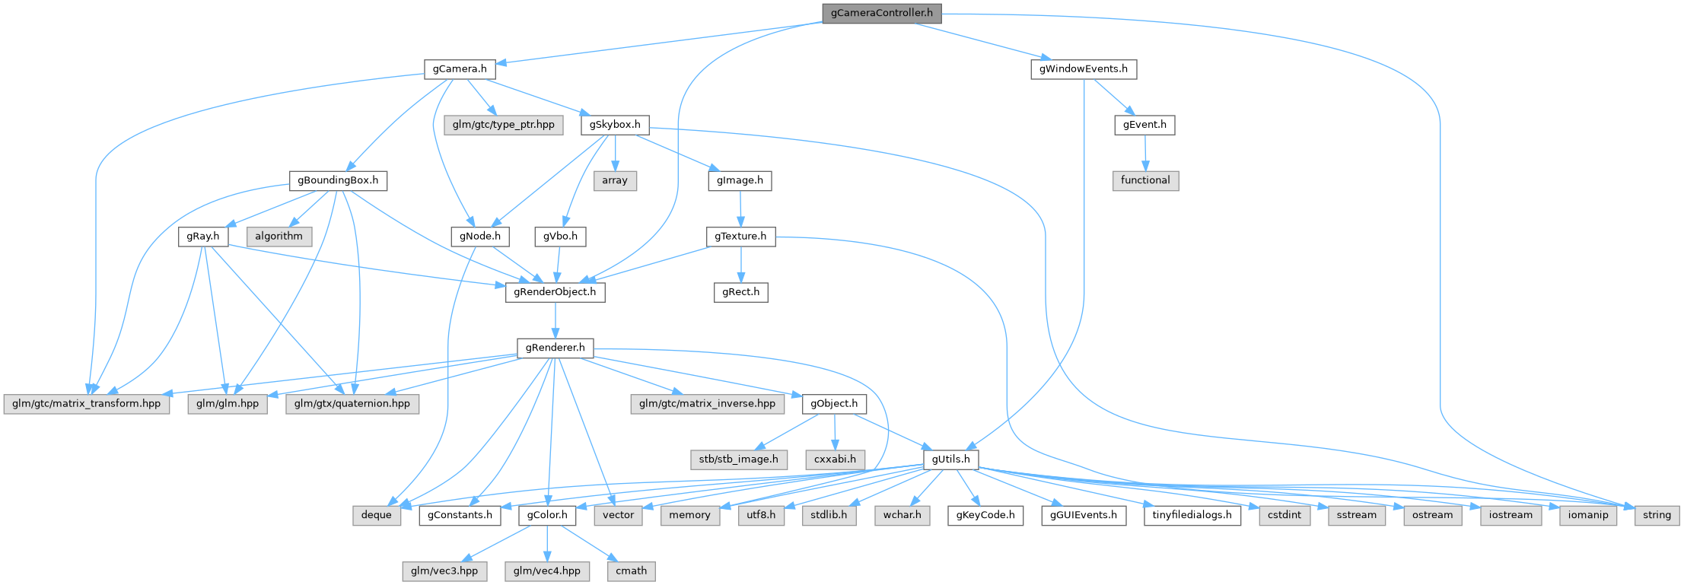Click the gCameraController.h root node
click(x=881, y=14)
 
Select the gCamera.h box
click(x=460, y=69)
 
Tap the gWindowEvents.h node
click(x=1084, y=69)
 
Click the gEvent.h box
click(x=1144, y=125)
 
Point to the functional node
click(x=1145, y=180)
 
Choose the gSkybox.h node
click(x=615, y=125)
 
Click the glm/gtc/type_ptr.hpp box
click(x=503, y=125)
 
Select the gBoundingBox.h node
click(x=338, y=181)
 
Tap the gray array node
click(x=615, y=181)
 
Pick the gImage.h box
click(x=740, y=181)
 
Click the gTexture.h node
click(x=740, y=237)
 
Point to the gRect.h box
click(x=740, y=292)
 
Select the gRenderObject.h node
click(x=555, y=292)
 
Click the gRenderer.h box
click(x=555, y=348)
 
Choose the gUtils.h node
click(x=950, y=459)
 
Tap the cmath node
click(x=631, y=571)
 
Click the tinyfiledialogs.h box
click(x=1192, y=515)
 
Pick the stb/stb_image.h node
click(x=738, y=459)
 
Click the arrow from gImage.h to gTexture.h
click(x=740, y=208)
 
